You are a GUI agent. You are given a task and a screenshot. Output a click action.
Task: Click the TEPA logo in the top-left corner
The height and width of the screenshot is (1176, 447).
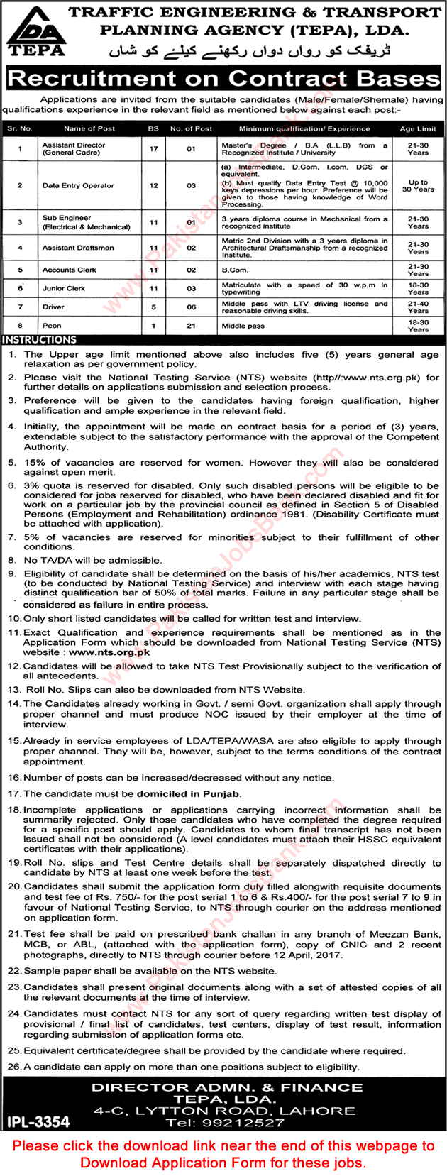point(36,32)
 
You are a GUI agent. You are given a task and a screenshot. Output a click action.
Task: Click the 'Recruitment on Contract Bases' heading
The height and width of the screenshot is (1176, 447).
point(223,78)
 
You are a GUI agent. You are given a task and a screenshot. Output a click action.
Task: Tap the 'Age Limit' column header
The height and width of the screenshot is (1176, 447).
point(418,128)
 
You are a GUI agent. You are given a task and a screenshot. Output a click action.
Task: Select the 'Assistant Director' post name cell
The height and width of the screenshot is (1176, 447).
point(73,148)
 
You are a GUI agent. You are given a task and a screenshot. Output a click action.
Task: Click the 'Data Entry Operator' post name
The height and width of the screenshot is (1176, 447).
point(78,185)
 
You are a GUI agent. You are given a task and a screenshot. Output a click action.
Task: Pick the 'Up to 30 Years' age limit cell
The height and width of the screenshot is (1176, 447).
point(418,185)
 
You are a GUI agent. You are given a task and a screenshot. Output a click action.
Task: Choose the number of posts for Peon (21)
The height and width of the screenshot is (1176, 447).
point(191,326)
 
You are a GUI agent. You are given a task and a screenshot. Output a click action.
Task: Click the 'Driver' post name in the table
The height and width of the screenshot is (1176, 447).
point(53,307)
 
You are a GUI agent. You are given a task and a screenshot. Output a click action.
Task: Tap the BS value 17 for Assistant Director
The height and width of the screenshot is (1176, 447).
point(154,148)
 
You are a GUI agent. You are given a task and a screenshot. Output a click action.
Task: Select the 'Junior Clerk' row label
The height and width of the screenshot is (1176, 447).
point(64,289)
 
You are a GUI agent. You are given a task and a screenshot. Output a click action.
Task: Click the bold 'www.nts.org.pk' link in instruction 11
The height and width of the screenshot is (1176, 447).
point(109,652)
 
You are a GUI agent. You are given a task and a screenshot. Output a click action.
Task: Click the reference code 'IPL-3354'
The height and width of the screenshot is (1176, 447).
point(39,1121)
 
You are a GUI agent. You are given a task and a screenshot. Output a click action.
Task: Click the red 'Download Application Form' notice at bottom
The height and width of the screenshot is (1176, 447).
point(223,1154)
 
